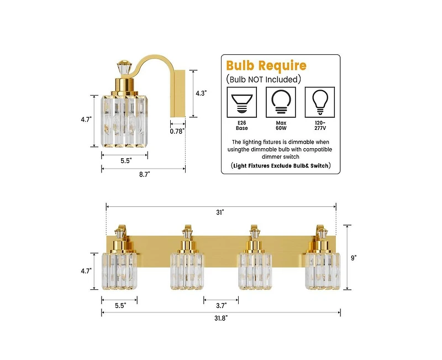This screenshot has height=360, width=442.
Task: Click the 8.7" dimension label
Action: [x=144, y=175]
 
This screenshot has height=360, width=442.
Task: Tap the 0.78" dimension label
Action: [x=177, y=132]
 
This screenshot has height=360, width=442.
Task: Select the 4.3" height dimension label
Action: [x=201, y=93]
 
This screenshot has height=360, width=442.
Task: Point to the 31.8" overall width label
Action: [x=220, y=319]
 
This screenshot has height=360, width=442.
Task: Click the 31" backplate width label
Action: [x=220, y=212]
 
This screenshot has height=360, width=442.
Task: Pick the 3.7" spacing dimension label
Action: [x=222, y=306]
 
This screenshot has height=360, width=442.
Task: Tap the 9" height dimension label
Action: [x=354, y=258]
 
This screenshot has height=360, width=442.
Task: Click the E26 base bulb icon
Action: [x=242, y=102]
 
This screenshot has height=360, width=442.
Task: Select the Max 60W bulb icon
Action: [x=281, y=102]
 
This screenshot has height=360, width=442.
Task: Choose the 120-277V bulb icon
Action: [x=320, y=102]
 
